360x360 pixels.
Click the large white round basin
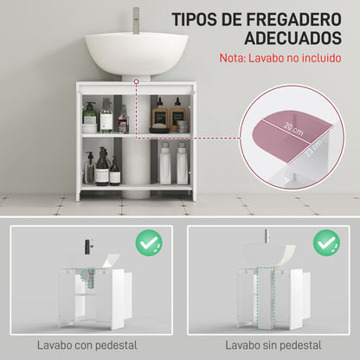point(137,54)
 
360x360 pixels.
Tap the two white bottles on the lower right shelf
point(172,165)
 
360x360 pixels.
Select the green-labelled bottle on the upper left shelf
point(90,118)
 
